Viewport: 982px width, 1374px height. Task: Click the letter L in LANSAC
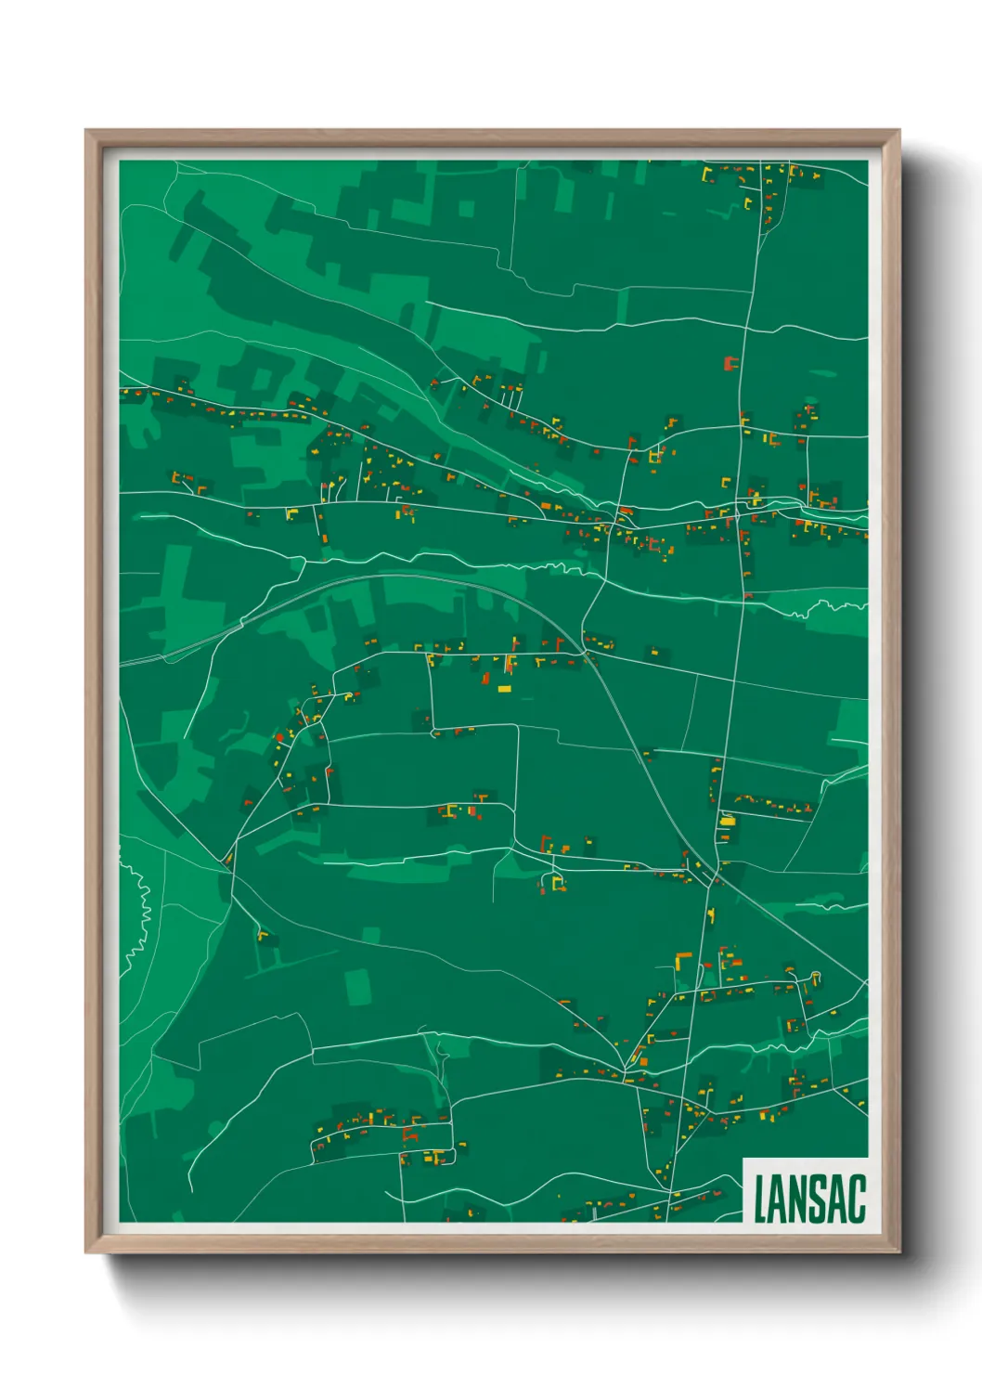point(761,1199)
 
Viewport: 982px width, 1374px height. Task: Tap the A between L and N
point(780,1199)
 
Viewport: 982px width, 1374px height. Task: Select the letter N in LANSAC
point(800,1199)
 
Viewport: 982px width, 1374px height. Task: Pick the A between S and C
point(838,1199)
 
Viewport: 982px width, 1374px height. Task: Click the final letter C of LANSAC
point(857,1199)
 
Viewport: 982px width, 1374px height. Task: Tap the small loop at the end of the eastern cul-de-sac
point(816,975)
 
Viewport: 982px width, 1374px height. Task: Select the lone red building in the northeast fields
point(730,363)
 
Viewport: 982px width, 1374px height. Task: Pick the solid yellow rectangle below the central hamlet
point(504,689)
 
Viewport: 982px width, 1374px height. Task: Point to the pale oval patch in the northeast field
point(823,375)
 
